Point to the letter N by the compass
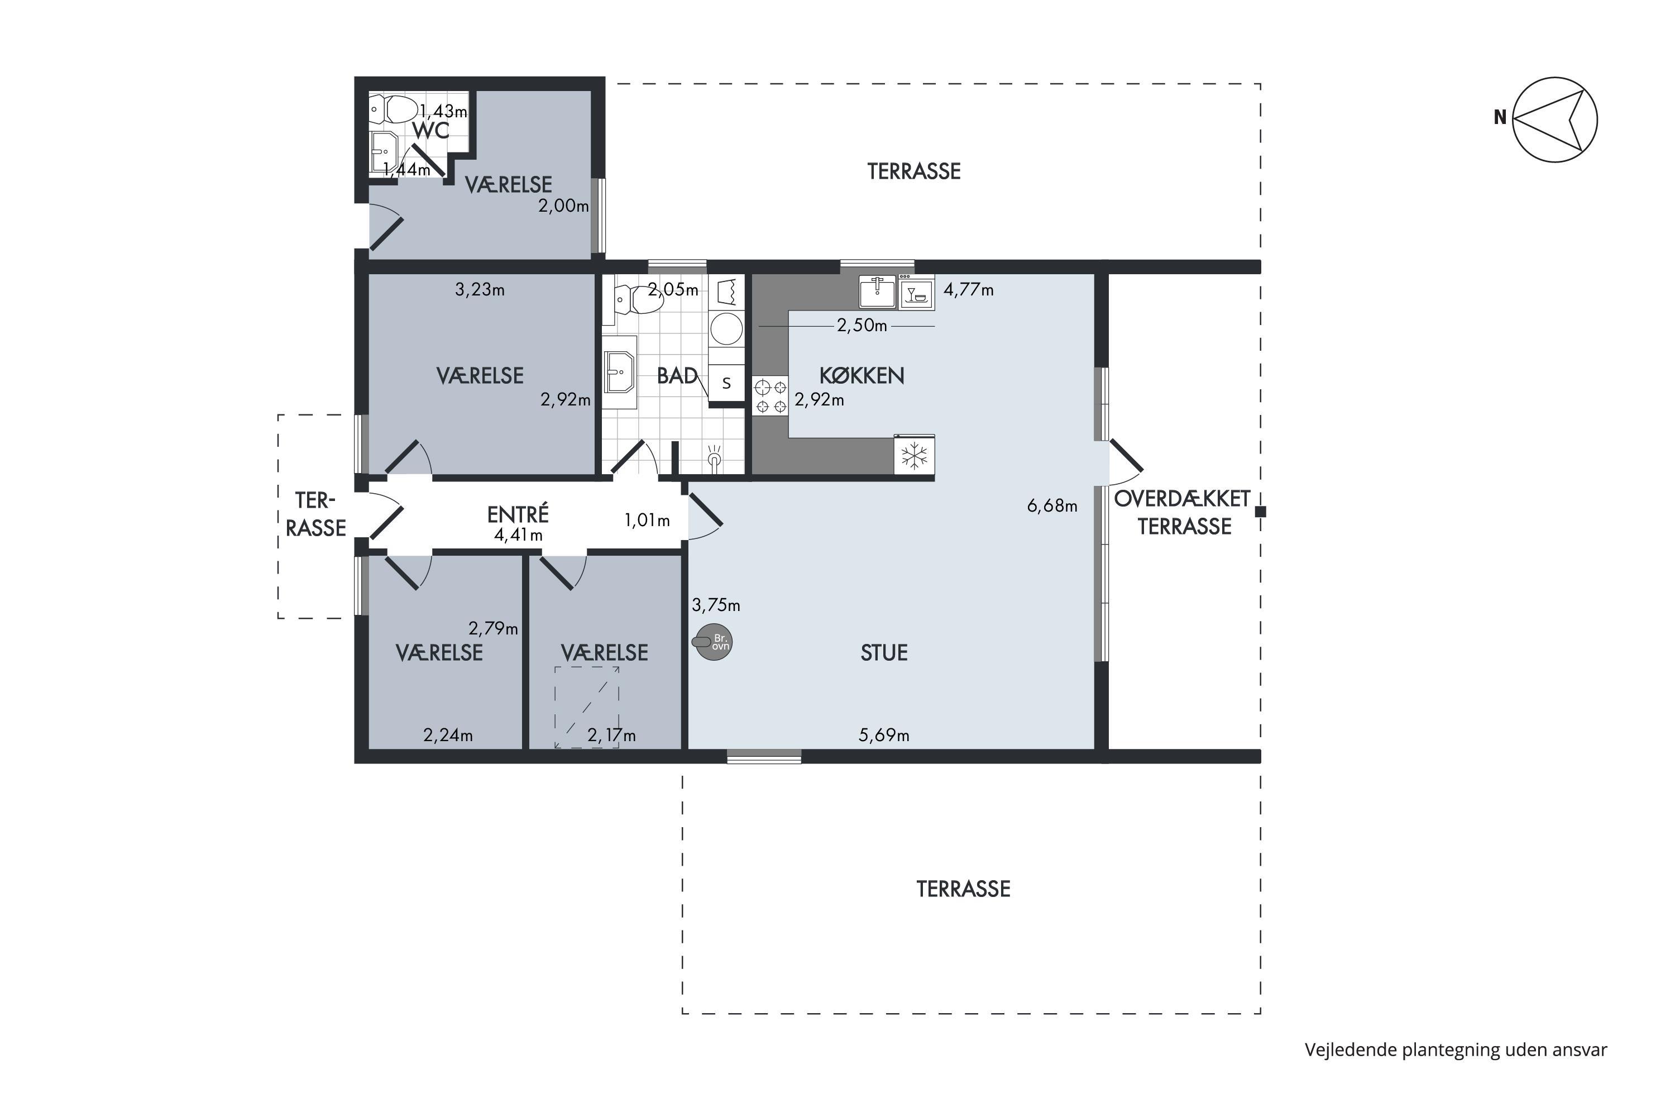(1500, 117)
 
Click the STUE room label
(884, 652)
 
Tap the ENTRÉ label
(518, 514)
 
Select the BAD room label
(677, 375)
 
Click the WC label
(431, 130)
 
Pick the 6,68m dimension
(1052, 506)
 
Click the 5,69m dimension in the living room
(884, 735)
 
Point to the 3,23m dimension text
(480, 290)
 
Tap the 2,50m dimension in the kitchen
(862, 326)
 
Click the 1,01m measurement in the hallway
(647, 521)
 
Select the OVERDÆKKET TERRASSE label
(1183, 512)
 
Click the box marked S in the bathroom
(726, 383)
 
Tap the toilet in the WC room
(393, 109)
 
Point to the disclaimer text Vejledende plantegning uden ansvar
(1456, 1049)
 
